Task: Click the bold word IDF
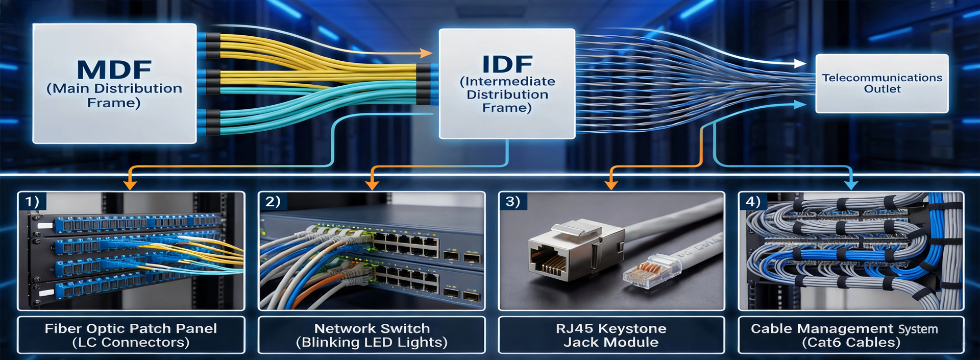[x=507, y=64]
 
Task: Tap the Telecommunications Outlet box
[x=882, y=83]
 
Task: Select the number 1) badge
[x=32, y=202]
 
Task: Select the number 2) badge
[x=273, y=202]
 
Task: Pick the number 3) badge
[x=513, y=202]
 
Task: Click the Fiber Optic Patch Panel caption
[x=131, y=335]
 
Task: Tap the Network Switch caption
[x=372, y=335]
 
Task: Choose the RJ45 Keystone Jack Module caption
[x=611, y=335]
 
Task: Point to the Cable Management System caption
[x=851, y=335]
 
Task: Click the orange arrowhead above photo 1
[x=130, y=184]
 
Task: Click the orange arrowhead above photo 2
[x=372, y=184]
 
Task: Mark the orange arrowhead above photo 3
[x=611, y=184]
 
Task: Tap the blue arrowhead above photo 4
[x=851, y=184]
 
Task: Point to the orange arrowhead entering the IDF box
[x=426, y=53]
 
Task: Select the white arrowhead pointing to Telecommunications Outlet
[x=800, y=64]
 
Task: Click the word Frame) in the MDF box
[x=114, y=103]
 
